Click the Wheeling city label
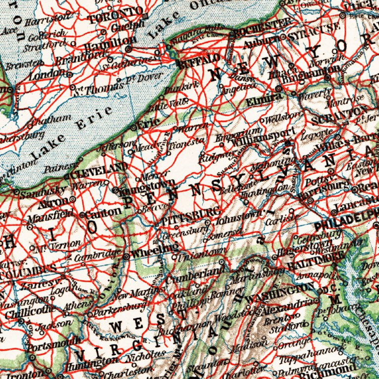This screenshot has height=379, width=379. (150, 251)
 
